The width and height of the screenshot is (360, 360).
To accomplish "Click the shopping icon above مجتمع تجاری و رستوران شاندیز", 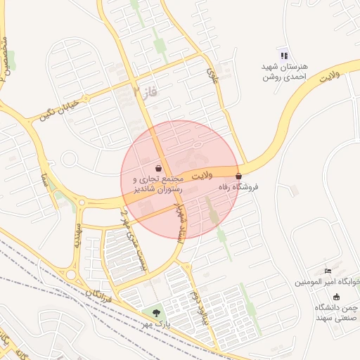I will [159, 169].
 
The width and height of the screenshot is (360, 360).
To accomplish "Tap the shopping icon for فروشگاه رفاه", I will [239, 176].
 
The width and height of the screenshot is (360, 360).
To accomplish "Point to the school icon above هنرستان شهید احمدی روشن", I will [283, 56].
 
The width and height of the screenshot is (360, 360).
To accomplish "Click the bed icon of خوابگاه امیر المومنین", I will [328, 271].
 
